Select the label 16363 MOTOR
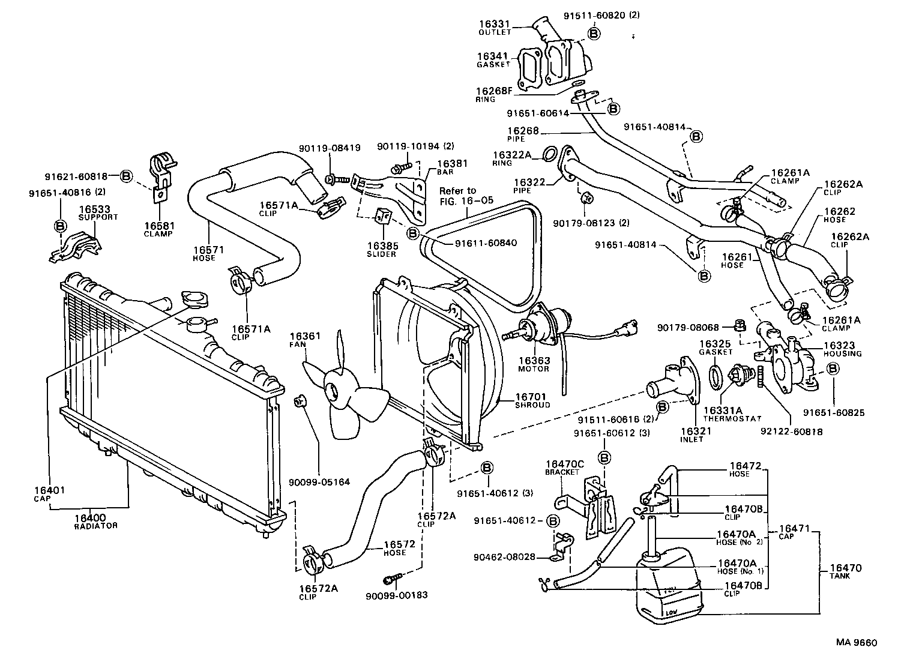(x=534, y=364)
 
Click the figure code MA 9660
(x=857, y=643)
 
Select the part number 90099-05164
(x=319, y=482)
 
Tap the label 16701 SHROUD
(x=532, y=400)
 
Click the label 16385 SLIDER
(x=381, y=249)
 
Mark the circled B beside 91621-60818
(x=126, y=176)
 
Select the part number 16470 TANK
(x=846, y=571)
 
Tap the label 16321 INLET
(x=695, y=435)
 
